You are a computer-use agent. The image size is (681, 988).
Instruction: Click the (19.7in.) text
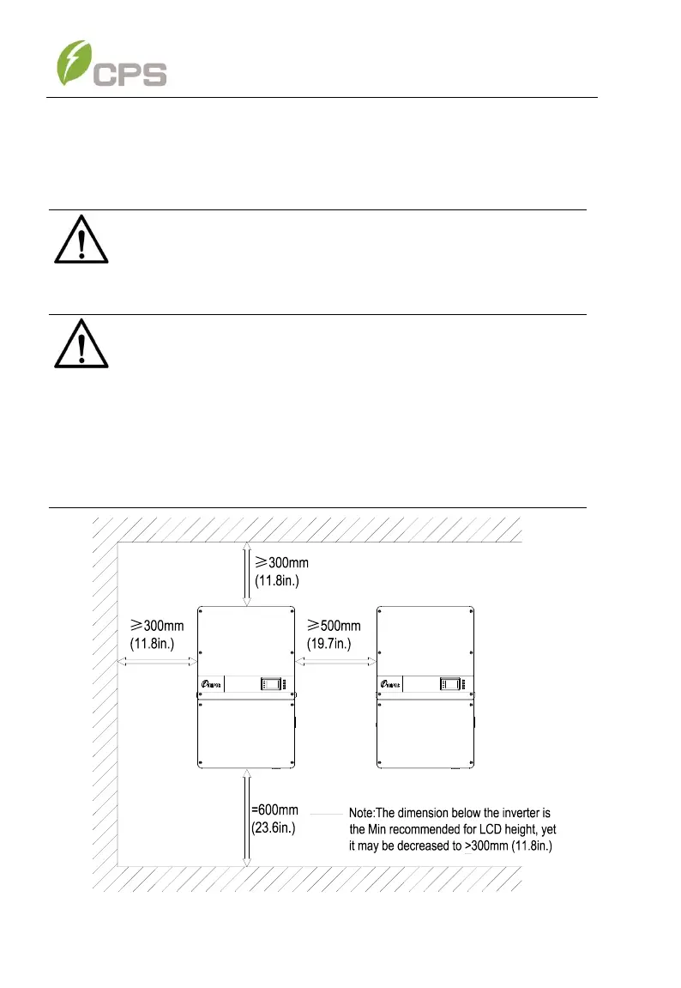point(334,643)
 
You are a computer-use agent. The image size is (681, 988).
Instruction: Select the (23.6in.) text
point(274,828)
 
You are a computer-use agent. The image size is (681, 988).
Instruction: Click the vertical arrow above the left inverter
point(247,573)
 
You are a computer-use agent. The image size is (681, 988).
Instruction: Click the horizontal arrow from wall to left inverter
point(158,662)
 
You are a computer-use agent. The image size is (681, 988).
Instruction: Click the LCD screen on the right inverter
point(449,685)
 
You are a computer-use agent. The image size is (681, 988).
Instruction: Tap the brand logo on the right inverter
point(393,686)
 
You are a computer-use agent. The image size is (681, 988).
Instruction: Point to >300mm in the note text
point(486,846)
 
